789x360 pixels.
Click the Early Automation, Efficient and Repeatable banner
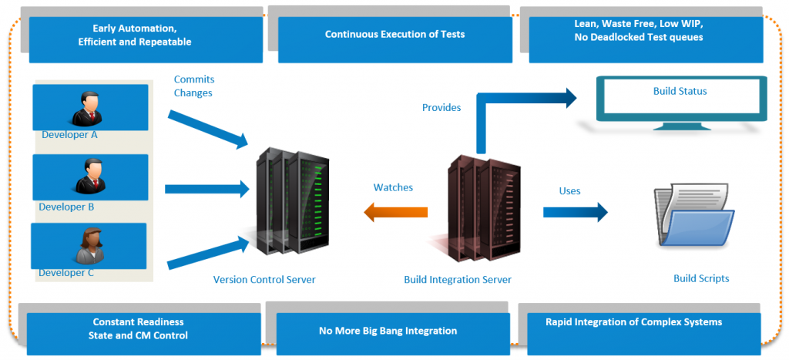click(x=135, y=35)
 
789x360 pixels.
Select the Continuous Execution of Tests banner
click(x=394, y=35)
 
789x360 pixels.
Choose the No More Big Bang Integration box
click(x=388, y=331)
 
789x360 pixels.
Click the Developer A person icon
click(x=86, y=108)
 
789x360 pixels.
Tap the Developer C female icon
click(x=86, y=246)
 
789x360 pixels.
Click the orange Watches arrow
click(x=396, y=212)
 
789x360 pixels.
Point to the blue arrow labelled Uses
click(x=575, y=212)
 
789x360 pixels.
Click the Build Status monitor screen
click(x=680, y=96)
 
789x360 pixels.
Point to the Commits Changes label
click(x=193, y=86)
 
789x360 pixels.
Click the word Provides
click(x=442, y=108)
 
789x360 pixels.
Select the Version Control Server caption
click(x=264, y=279)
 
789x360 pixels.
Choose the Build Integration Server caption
click(x=458, y=279)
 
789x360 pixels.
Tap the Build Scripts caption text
click(x=700, y=278)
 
